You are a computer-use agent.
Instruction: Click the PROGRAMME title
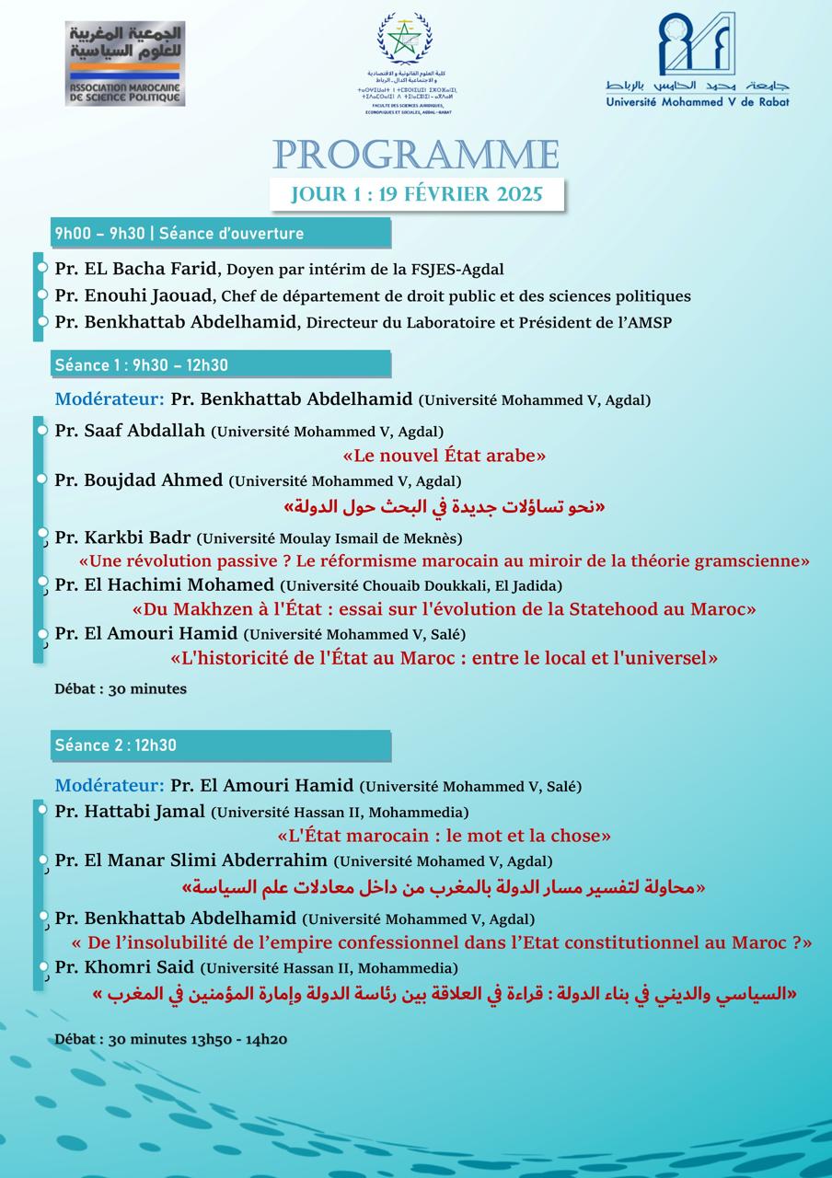416,155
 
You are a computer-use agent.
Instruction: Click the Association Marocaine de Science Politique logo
124,63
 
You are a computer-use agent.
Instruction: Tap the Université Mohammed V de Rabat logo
697,60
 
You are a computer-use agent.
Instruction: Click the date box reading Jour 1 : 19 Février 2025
416,194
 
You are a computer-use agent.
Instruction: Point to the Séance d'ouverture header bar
220,233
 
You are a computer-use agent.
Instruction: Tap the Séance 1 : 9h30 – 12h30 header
220,364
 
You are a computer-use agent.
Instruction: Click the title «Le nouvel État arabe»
444,456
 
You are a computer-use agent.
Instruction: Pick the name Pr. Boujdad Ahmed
139,480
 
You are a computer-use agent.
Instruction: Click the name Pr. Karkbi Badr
122,537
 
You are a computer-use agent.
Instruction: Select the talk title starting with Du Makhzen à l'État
444,609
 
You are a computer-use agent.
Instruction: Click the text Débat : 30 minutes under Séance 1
120,688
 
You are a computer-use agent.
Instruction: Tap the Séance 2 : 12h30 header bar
220,745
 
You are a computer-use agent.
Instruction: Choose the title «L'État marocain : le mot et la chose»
444,837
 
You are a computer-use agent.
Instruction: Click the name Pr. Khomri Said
125,967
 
